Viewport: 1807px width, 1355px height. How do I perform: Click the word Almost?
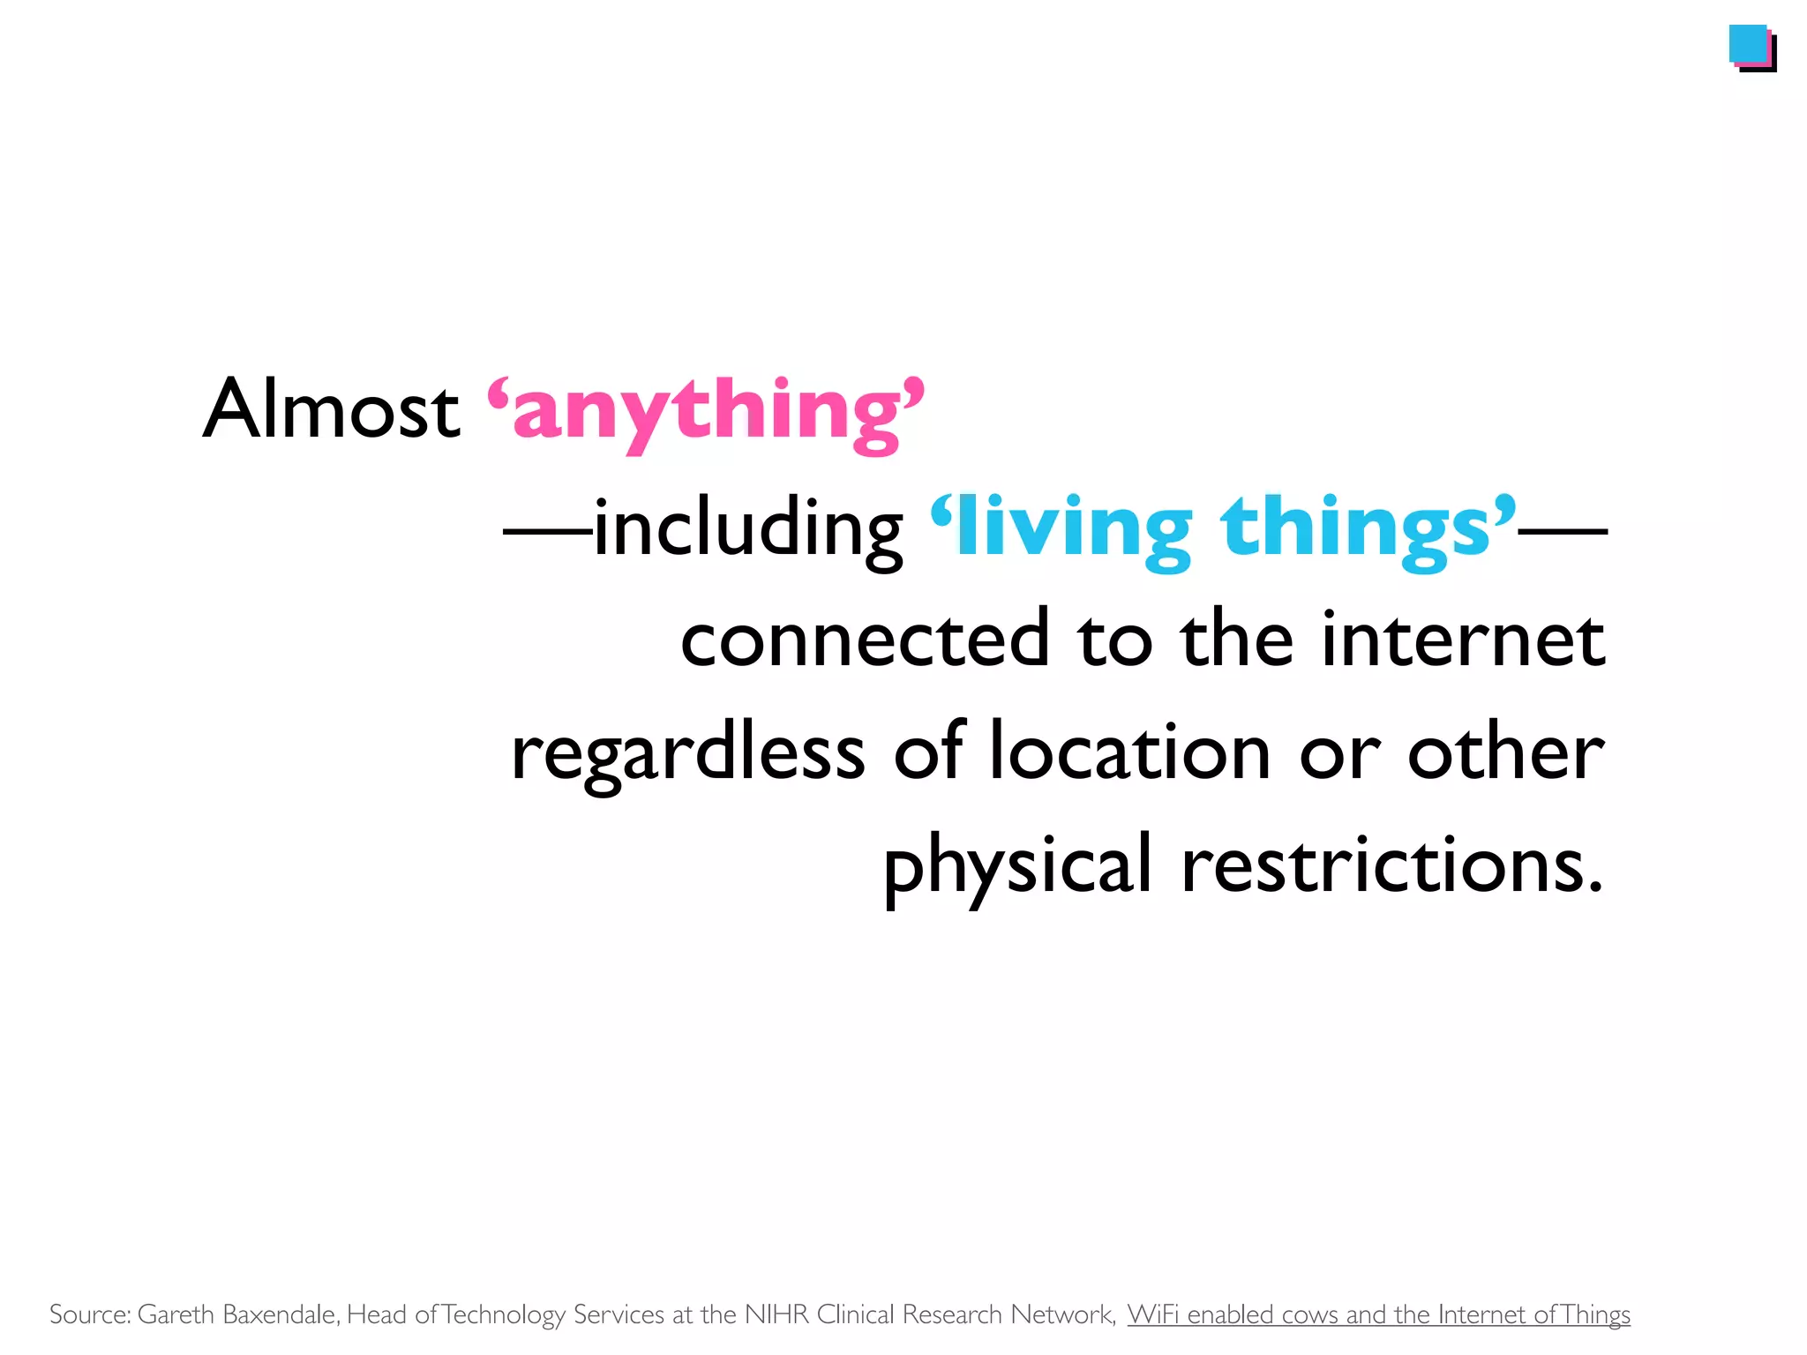(x=331, y=409)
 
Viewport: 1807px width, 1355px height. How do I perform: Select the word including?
(x=748, y=529)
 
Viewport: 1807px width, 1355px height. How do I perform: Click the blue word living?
(x=1073, y=529)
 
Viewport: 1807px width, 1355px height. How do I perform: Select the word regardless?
(x=688, y=754)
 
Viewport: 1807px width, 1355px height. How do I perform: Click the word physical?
(x=1017, y=866)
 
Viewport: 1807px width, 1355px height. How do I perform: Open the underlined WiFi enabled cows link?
(x=1378, y=1314)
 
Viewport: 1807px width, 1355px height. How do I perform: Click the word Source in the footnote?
(x=89, y=1314)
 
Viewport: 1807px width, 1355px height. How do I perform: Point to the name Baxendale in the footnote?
(x=281, y=1314)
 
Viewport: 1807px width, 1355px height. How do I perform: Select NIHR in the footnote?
(x=776, y=1314)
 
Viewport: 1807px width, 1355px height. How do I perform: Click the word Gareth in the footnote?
(x=176, y=1314)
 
